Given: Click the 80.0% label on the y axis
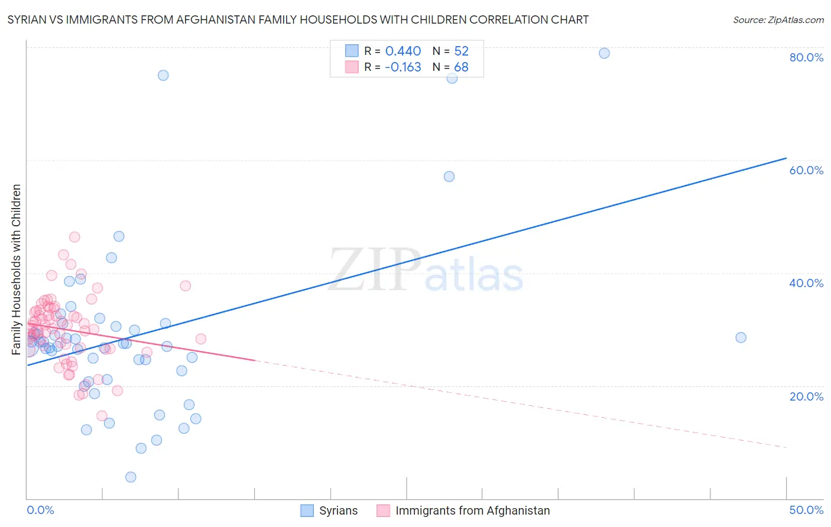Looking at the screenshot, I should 806,57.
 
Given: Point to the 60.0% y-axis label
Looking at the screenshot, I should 806,170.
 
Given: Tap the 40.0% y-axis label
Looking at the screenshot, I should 806,283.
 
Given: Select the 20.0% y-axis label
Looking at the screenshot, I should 806,396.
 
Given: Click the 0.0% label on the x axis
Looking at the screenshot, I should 40,510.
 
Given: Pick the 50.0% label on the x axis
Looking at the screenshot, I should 806,510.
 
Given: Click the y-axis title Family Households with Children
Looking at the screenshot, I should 17,269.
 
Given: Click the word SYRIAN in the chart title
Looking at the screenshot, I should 26,19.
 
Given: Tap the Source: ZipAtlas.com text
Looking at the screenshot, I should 778,19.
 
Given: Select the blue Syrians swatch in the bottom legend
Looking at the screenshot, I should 307,510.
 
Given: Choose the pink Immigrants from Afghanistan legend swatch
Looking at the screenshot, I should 383,510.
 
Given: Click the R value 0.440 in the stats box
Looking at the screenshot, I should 403,51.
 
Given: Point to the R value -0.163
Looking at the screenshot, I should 403,67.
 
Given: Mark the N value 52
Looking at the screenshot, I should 461,51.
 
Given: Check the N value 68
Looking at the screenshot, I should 461,67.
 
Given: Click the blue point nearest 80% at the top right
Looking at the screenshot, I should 604,53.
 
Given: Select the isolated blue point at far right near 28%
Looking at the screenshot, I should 741,337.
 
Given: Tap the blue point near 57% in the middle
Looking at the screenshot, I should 449,177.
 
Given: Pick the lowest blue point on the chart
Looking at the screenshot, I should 131,477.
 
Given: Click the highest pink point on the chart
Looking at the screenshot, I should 74,237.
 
